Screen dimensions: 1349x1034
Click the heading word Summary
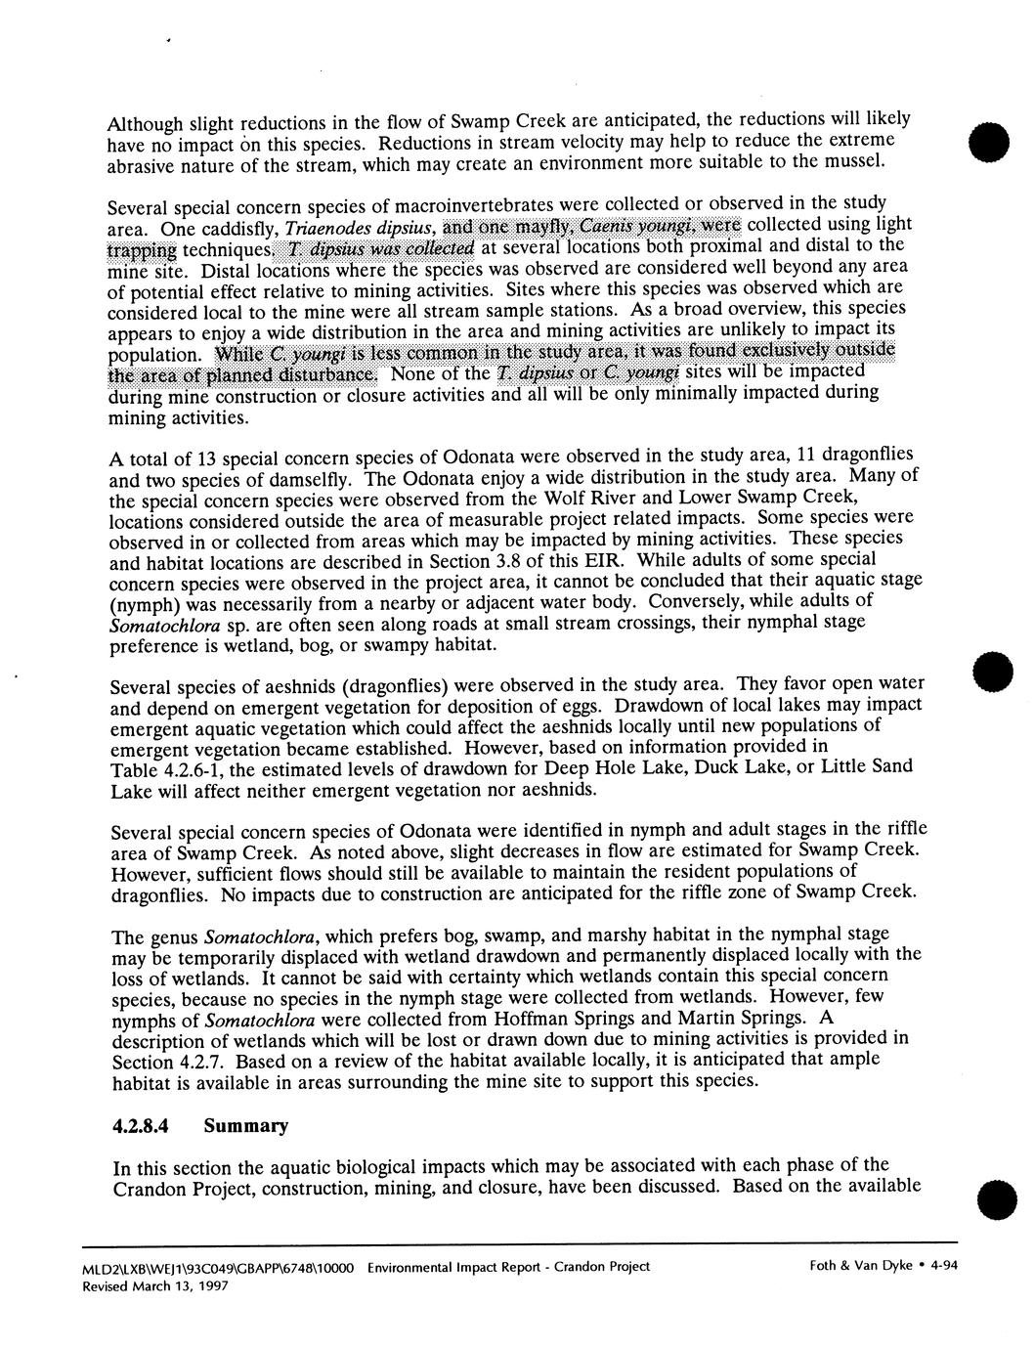(246, 1126)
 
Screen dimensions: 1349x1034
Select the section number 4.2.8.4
(141, 1126)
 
